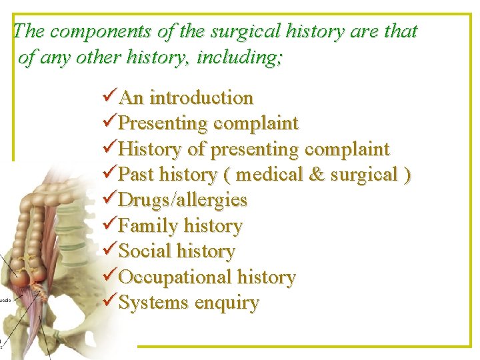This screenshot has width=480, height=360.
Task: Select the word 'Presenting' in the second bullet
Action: pyautogui.click(x=163, y=123)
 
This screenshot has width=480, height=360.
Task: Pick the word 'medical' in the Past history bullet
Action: pyautogui.click(x=270, y=175)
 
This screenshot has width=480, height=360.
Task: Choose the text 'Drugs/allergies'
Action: pyautogui.click(x=183, y=200)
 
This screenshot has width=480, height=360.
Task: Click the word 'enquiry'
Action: pyautogui.click(x=227, y=303)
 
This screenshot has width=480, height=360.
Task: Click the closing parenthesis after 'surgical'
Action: pyautogui.click(x=407, y=175)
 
